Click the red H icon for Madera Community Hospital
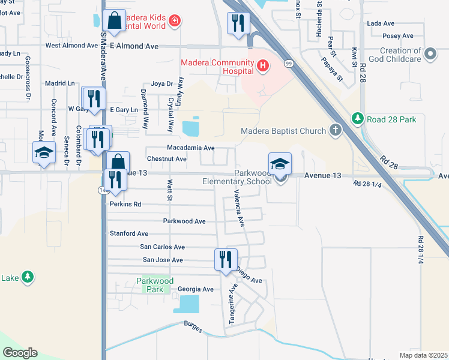point(262,67)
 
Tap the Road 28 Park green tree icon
point(358,119)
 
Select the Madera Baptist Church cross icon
point(336,131)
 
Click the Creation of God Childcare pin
point(430,55)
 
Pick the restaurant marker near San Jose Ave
point(226,260)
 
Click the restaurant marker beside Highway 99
point(238,23)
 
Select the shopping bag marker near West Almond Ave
point(113,20)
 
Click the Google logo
point(20,353)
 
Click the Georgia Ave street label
point(196,289)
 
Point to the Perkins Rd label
point(125,204)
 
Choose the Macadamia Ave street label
point(190,148)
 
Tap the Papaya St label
point(331,68)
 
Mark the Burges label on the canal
point(193,325)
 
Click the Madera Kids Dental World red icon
point(174,22)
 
